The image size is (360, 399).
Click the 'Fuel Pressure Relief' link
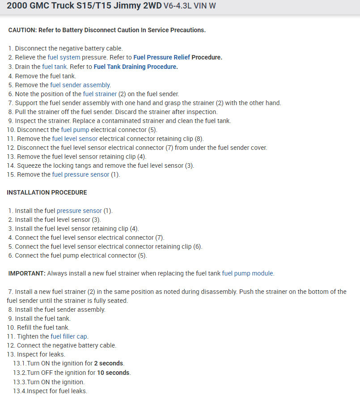[x=161, y=57]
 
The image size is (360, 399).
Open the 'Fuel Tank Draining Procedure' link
[x=136, y=67]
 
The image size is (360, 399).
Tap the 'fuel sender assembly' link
[x=80, y=85]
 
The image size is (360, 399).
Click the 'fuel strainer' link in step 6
[x=100, y=94]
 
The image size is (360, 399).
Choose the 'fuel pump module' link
[x=248, y=273]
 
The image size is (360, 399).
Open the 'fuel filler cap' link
[x=69, y=336]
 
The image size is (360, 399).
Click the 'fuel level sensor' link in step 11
[x=75, y=139]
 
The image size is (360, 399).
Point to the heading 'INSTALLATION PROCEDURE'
[x=47, y=192]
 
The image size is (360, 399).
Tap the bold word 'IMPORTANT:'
[x=27, y=273]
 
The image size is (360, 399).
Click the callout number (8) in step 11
[x=199, y=139]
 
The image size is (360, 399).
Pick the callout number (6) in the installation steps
[x=198, y=246]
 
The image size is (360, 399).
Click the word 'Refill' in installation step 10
[x=26, y=327]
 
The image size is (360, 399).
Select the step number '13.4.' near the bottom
[x=19, y=391]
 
